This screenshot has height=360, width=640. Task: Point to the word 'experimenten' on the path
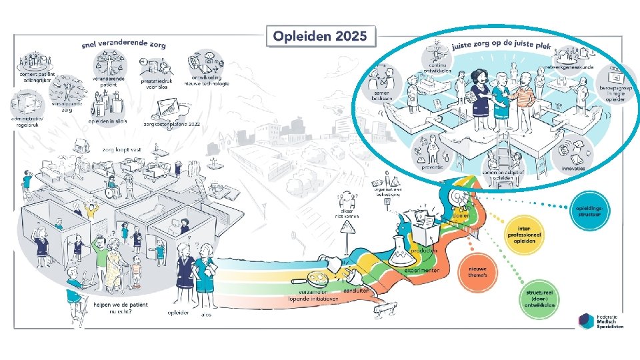point(421,272)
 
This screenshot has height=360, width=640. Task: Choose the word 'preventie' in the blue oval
point(433,167)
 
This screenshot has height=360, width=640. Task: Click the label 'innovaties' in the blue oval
point(573,168)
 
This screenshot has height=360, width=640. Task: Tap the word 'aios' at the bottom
point(206,315)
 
